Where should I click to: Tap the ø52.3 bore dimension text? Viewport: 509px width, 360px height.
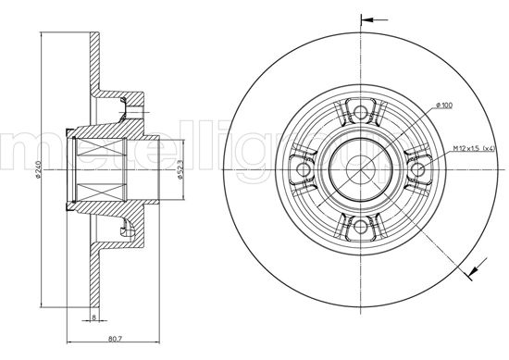point(179,168)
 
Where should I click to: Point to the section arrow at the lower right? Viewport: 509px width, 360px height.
point(474,270)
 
